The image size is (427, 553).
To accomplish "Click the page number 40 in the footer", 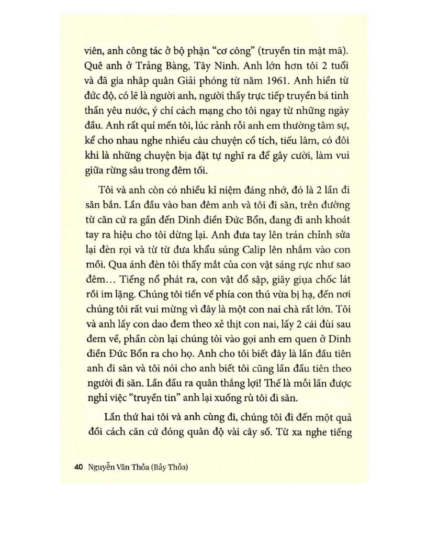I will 80,469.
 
